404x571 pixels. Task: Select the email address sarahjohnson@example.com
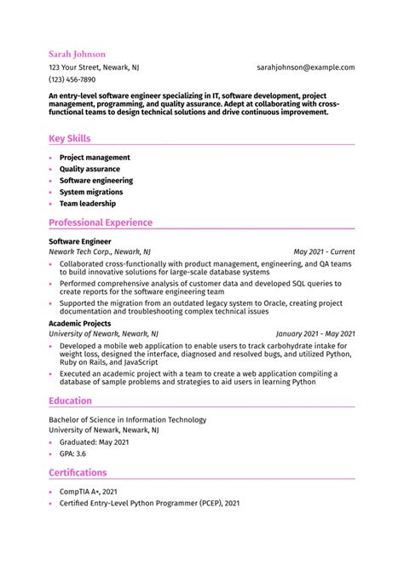(305, 66)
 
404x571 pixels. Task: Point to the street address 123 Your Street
(75, 66)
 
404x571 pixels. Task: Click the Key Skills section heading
(70, 138)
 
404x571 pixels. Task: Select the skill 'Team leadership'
(88, 204)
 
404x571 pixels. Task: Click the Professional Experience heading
(101, 222)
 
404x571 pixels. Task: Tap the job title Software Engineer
(79, 242)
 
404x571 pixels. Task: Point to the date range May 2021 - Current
(324, 252)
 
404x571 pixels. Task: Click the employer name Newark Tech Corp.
(82, 252)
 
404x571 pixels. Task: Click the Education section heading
(70, 401)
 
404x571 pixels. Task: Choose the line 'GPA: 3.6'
(72, 453)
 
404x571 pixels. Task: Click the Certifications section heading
(78, 472)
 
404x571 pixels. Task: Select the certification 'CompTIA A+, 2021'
(89, 492)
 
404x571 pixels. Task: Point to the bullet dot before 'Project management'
(51, 158)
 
